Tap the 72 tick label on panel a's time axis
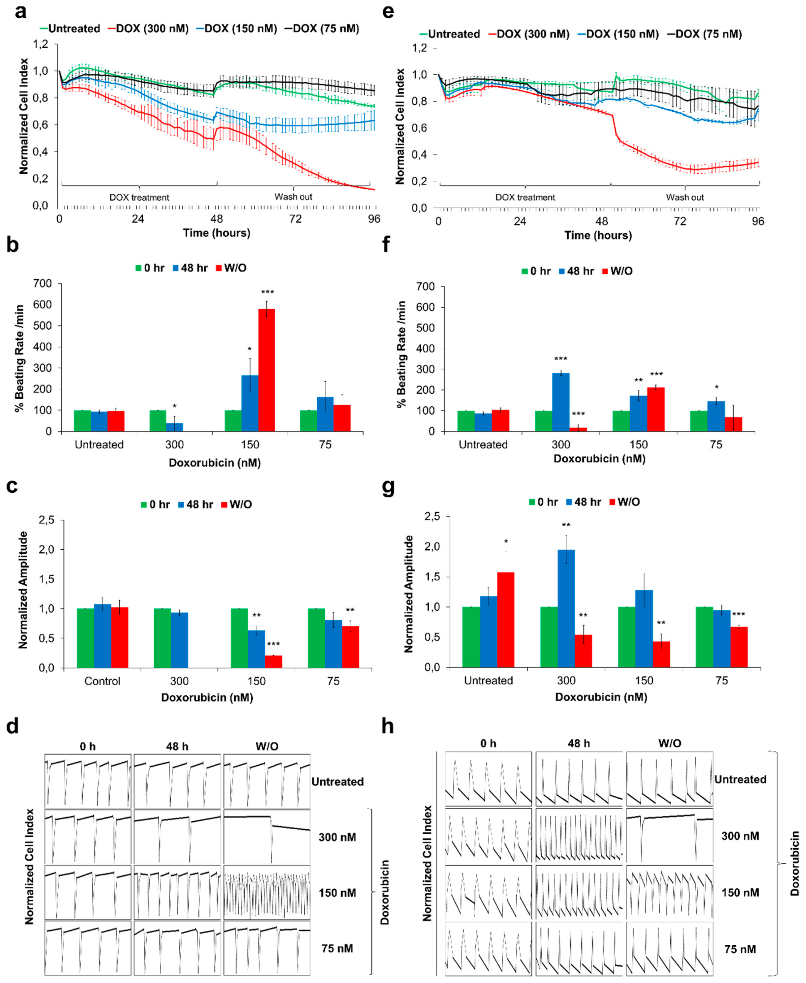tap(295, 219)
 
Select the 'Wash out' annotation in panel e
tap(684, 197)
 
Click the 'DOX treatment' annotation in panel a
tap(139, 197)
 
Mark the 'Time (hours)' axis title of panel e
tap(598, 235)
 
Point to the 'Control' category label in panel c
tap(102, 681)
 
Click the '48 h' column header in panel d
tap(177, 746)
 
